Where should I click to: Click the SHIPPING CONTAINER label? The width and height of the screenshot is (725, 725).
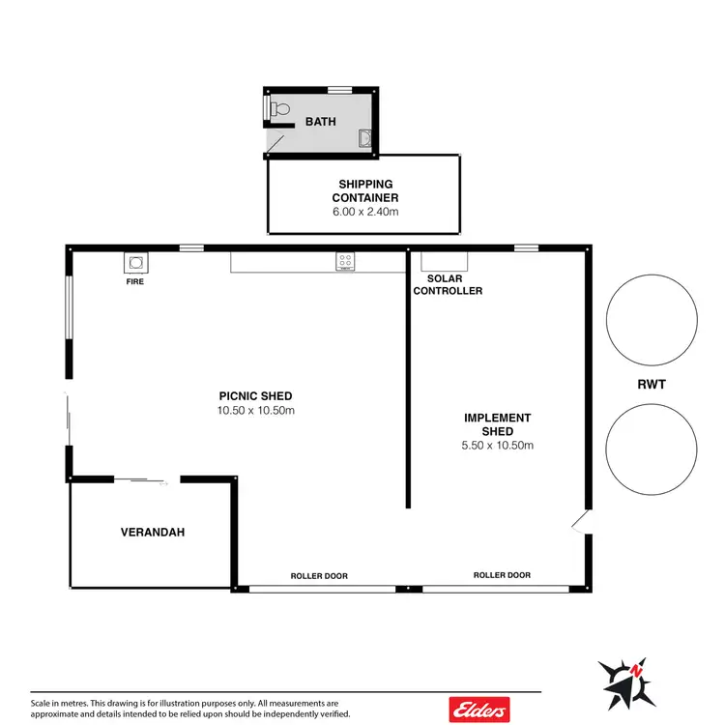pyautogui.click(x=365, y=190)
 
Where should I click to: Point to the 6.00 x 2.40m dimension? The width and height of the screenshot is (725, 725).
pyautogui.click(x=365, y=212)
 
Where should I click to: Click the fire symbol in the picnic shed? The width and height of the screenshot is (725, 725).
pyautogui.click(x=135, y=263)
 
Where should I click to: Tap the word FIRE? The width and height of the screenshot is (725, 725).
pyautogui.click(x=135, y=284)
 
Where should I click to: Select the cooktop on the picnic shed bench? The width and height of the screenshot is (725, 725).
pyautogui.click(x=344, y=260)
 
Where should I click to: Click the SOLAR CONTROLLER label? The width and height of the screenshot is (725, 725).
pyautogui.click(x=448, y=284)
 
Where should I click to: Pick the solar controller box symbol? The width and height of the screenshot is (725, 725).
pyautogui.click(x=445, y=260)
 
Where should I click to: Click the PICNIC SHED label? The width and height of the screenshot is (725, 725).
pyautogui.click(x=255, y=395)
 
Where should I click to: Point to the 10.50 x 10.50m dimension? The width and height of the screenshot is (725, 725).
pyautogui.click(x=255, y=410)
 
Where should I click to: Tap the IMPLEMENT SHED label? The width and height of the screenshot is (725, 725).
pyautogui.click(x=497, y=424)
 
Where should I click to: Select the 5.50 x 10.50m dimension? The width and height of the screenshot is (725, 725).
pyautogui.click(x=497, y=446)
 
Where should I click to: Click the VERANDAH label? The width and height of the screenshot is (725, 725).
pyautogui.click(x=152, y=532)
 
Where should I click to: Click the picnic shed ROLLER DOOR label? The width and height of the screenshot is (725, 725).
pyautogui.click(x=319, y=576)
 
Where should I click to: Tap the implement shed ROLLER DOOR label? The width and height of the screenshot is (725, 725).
pyautogui.click(x=502, y=575)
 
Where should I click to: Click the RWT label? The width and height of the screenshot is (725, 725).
pyautogui.click(x=652, y=385)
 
